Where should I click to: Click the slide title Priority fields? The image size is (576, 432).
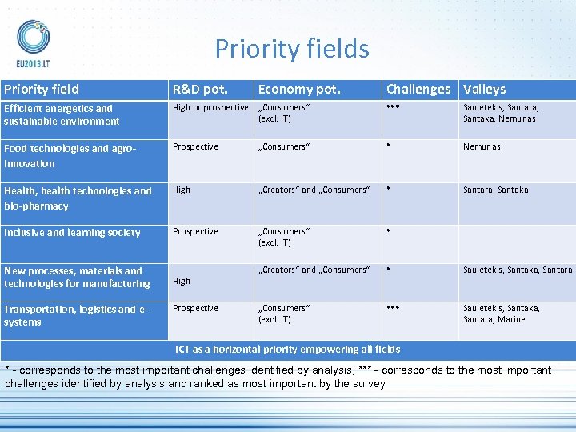pyautogui.click(x=292, y=49)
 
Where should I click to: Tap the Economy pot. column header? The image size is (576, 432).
pyautogui.click(x=299, y=90)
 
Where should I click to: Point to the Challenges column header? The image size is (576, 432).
pyautogui.click(x=418, y=90)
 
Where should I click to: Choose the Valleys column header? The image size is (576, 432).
pyautogui.click(x=484, y=90)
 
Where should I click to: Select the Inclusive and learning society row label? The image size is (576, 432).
pyautogui.click(x=72, y=233)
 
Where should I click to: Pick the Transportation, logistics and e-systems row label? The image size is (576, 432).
pyautogui.click(x=66, y=316)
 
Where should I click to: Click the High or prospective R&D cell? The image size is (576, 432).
pyautogui.click(x=210, y=107)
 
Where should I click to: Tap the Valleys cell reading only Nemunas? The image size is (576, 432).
pyautogui.click(x=482, y=146)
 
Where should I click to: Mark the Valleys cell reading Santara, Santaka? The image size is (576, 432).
pyautogui.click(x=495, y=190)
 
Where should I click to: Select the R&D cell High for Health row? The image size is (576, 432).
pyautogui.click(x=182, y=190)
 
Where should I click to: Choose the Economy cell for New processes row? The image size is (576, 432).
pyautogui.click(x=314, y=270)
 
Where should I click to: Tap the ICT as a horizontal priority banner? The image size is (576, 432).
pyautogui.click(x=288, y=349)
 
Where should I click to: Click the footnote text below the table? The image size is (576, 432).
pyautogui.click(x=278, y=377)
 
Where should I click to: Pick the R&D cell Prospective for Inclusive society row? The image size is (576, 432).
pyautogui.click(x=195, y=231)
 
